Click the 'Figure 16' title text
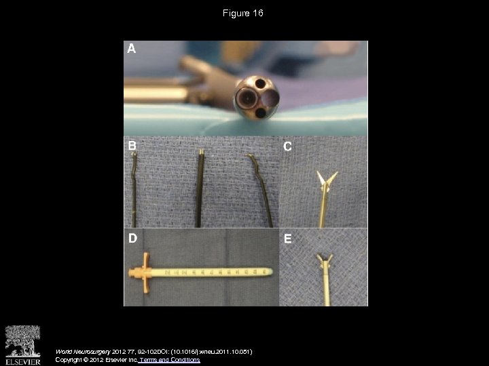pyautogui.click(x=244, y=14)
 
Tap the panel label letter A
pyautogui.click(x=132, y=49)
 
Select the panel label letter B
pyautogui.click(x=132, y=145)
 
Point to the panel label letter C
pyautogui.click(x=288, y=146)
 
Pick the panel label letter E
pyautogui.click(x=288, y=239)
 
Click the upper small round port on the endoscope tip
pyautogui.click(x=259, y=85)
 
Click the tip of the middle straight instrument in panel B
pyautogui.click(x=202, y=153)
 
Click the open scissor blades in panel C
pyautogui.click(x=324, y=179)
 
